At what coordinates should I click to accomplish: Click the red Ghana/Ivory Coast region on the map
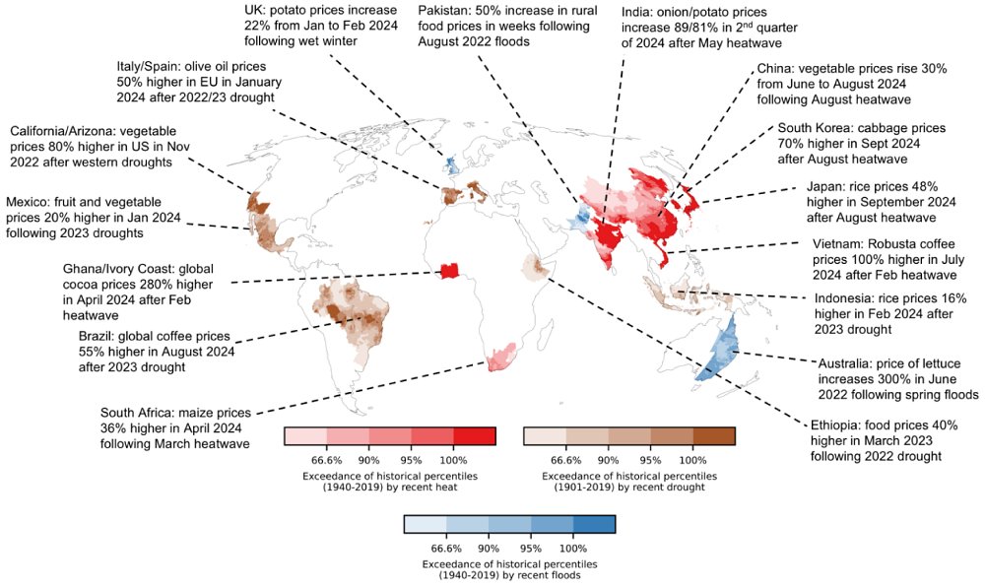point(450,271)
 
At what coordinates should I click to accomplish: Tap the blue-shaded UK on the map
point(451,163)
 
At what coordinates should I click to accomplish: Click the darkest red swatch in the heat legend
point(475,436)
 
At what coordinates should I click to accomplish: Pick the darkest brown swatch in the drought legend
point(714,436)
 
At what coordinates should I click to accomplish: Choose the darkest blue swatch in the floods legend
point(594,525)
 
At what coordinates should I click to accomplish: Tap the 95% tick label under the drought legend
point(651,460)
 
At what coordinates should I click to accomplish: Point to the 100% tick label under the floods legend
point(573,549)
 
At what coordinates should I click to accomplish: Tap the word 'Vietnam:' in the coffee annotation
point(840,244)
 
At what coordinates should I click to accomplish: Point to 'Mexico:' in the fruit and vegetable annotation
point(30,200)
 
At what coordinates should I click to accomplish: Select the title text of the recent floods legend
point(509,569)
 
